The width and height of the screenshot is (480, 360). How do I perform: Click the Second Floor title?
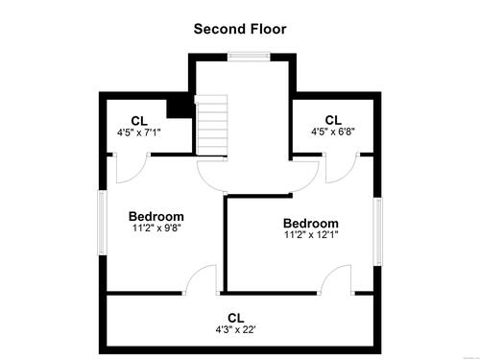[x=240, y=29]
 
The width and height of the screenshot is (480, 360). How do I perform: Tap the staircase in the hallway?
[x=211, y=125]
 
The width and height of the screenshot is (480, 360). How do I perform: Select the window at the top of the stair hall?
[x=249, y=57]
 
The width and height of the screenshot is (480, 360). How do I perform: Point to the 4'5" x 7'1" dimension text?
[x=139, y=132]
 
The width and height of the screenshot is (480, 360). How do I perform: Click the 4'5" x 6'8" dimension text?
[x=333, y=132]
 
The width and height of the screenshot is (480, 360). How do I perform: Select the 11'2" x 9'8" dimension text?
[x=156, y=228]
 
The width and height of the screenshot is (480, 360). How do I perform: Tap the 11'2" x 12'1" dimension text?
[x=311, y=234]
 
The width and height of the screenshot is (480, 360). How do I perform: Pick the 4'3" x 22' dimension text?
[x=235, y=329]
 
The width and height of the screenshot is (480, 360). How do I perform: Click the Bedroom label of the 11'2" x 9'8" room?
[x=156, y=217]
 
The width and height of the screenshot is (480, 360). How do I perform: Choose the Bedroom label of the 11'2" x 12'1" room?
[x=311, y=224]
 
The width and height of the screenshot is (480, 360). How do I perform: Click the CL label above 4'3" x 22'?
[x=236, y=318]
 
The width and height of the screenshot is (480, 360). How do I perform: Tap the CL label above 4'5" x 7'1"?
[x=139, y=121]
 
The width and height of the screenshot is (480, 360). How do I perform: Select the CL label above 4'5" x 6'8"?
[x=333, y=120]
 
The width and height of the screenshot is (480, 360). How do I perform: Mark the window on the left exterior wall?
[x=102, y=223]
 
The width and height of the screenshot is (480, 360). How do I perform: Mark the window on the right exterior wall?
[x=378, y=231]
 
